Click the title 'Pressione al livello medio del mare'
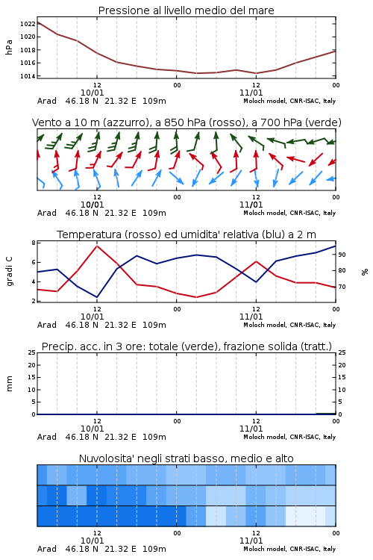pyautogui.click(x=186, y=10)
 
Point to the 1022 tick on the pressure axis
pyautogui.click(x=28, y=24)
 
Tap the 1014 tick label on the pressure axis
pyautogui.click(x=28, y=76)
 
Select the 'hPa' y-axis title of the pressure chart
pyautogui.click(x=9, y=47)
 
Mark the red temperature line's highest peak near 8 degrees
pyautogui.click(x=97, y=246)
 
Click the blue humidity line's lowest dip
pyautogui.click(x=97, y=297)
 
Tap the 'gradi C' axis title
pyautogui.click(x=9, y=271)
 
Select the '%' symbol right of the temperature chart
pyautogui.click(x=365, y=272)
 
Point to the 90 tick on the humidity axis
pyautogui.click(x=342, y=255)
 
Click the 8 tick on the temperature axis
pyautogui.click(x=34, y=243)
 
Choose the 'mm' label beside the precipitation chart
pyautogui.click(x=9, y=384)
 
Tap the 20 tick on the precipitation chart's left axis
pyautogui.click(x=32, y=365)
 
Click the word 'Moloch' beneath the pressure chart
pyautogui.click(x=254, y=101)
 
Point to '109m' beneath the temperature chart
pyautogui.click(x=154, y=325)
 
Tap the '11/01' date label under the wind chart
pyautogui.click(x=251, y=205)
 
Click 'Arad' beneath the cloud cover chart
pyautogui.click(x=47, y=549)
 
